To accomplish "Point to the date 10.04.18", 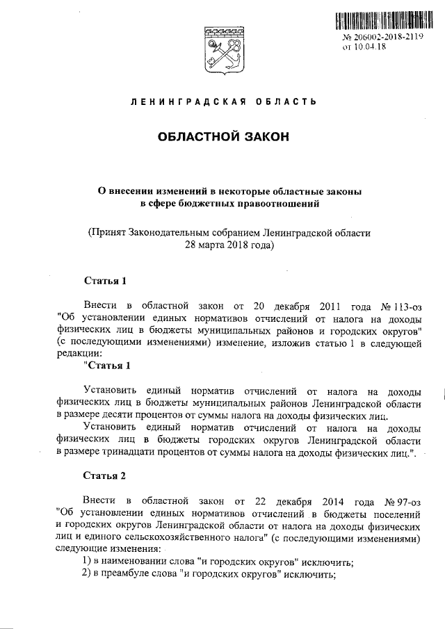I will click(371, 47).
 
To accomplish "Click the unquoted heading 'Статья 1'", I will click(105, 282).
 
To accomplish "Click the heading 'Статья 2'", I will click(105, 476).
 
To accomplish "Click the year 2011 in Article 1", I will click(334, 306).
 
